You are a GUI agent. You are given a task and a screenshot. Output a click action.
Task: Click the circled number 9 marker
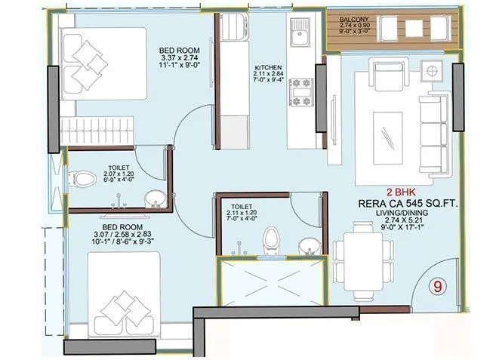pyautogui.click(x=436, y=287)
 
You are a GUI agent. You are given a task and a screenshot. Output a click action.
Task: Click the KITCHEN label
pyautogui.click(x=269, y=68)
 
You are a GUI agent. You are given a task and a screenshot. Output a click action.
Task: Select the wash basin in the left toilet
pyautogui.click(x=153, y=198)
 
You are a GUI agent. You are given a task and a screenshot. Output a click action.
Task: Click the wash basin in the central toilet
pyautogui.click(x=308, y=246)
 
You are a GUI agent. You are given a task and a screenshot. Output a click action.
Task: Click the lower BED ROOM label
pyautogui.click(x=120, y=226)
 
